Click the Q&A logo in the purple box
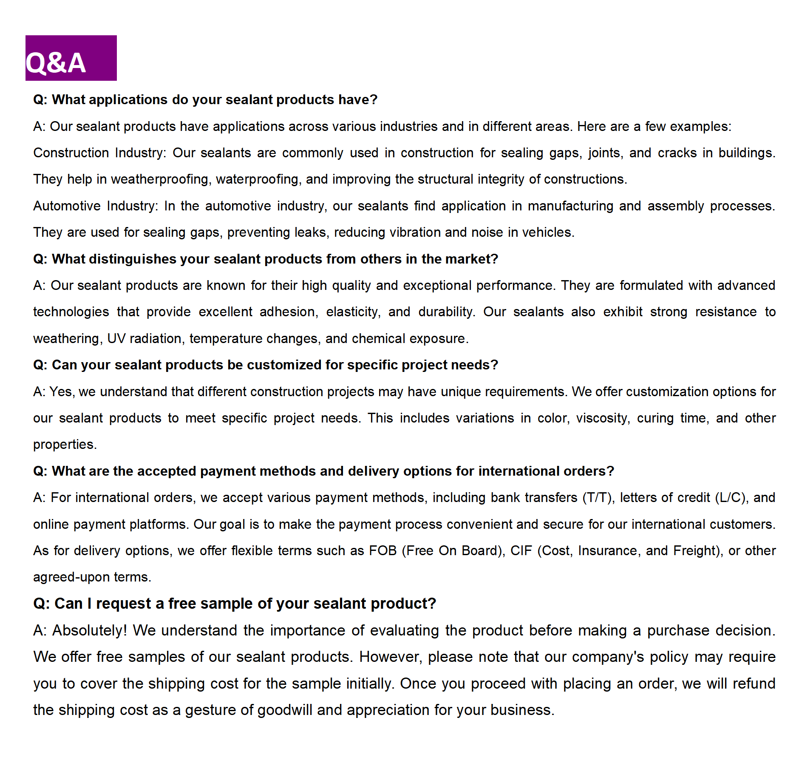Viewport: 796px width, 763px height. pyautogui.click(x=56, y=62)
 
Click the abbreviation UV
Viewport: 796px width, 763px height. pyautogui.click(x=116, y=339)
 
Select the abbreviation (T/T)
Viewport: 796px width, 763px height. pyautogui.click(x=598, y=498)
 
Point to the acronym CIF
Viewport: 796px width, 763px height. pyautogui.click(x=521, y=551)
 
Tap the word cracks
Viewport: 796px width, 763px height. pyautogui.click(x=677, y=153)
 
